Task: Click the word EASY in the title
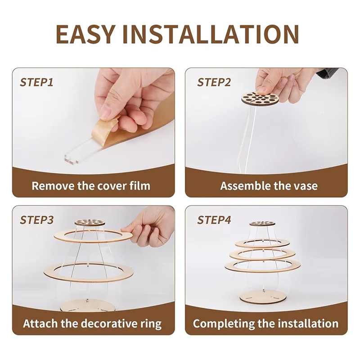tap(85, 34)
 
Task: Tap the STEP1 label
tap(36, 82)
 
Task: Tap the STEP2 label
tap(214, 82)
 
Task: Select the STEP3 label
tap(36, 220)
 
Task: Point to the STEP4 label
tap(214, 220)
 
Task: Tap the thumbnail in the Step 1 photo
tap(106, 112)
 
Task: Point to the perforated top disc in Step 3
tap(90, 222)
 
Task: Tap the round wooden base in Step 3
tap(87, 306)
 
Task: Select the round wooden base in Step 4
tap(263, 297)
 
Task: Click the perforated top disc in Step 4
tap(262, 223)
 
